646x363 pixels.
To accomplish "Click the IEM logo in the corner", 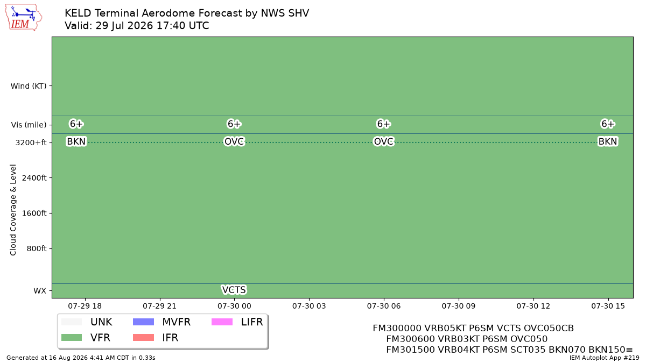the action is pyautogui.click(x=23, y=17).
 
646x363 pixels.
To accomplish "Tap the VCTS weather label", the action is pyautogui.click(x=234, y=289).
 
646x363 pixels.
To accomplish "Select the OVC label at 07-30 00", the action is pyautogui.click(x=234, y=141).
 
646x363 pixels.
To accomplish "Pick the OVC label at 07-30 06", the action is pyautogui.click(x=383, y=141).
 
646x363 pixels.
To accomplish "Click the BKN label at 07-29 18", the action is pyautogui.click(x=76, y=141).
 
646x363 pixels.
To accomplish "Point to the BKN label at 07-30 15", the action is pyautogui.click(x=608, y=141).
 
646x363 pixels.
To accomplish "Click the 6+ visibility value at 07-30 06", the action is pyautogui.click(x=383, y=124).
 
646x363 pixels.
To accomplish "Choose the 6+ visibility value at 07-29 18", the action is pyautogui.click(x=76, y=124).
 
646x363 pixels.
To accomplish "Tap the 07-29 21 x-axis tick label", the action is pyautogui.click(x=159, y=306).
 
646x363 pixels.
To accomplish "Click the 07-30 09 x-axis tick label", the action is pyautogui.click(x=459, y=306).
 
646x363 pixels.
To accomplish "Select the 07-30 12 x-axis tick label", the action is pyautogui.click(x=533, y=306).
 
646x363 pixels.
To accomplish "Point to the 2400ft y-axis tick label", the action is pyautogui.click(x=34, y=178).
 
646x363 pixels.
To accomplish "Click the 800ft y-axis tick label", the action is pyautogui.click(x=37, y=248).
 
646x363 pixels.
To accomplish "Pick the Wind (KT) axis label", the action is pyautogui.click(x=29, y=86).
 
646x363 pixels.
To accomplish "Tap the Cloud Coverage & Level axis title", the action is pyautogui.click(x=13, y=210).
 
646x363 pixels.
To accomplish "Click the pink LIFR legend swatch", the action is pyautogui.click(x=222, y=322).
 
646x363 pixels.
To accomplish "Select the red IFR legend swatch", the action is pyautogui.click(x=143, y=337).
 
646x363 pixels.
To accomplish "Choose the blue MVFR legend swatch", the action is pyautogui.click(x=143, y=322).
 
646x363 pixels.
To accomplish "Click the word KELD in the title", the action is pyautogui.click(x=78, y=13).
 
